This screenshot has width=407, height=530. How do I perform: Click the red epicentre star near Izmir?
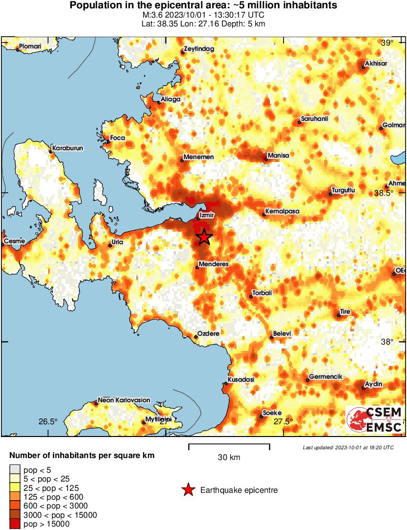(204, 237)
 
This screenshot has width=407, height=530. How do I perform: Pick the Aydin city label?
(374, 384)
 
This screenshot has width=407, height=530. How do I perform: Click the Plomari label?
(31, 47)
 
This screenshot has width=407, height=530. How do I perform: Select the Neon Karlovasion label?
(124, 400)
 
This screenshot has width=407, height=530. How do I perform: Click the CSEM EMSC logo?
(375, 420)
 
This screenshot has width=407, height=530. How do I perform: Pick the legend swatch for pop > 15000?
(15, 524)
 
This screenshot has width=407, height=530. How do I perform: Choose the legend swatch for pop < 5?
(15, 470)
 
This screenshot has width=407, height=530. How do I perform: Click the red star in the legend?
(188, 490)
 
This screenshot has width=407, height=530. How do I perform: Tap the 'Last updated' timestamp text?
(348, 447)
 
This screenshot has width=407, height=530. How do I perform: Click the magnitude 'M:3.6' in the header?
(150, 15)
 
